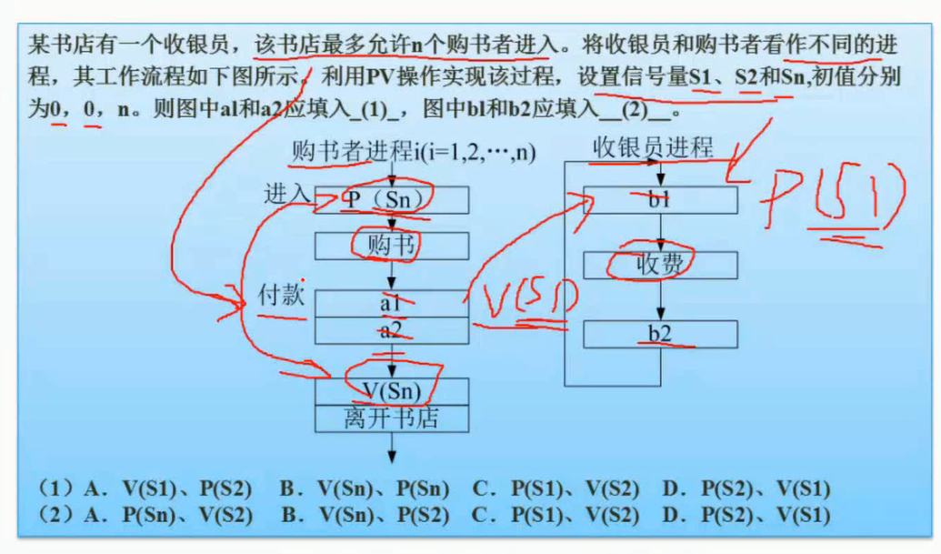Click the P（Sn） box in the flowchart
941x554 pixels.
pyautogui.click(x=392, y=200)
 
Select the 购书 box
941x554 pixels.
pyautogui.click(x=392, y=246)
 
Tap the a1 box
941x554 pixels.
pyautogui.click(x=392, y=303)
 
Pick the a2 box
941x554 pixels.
pyautogui.click(x=392, y=330)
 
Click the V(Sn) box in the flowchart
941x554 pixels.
pyautogui.click(x=392, y=390)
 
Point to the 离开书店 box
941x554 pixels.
pyautogui.click(x=392, y=418)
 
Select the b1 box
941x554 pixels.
pyautogui.click(x=660, y=200)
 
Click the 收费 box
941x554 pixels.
pyautogui.click(x=660, y=265)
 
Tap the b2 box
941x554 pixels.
pyautogui.click(x=660, y=334)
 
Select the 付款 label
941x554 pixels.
pyautogui.click(x=283, y=297)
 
